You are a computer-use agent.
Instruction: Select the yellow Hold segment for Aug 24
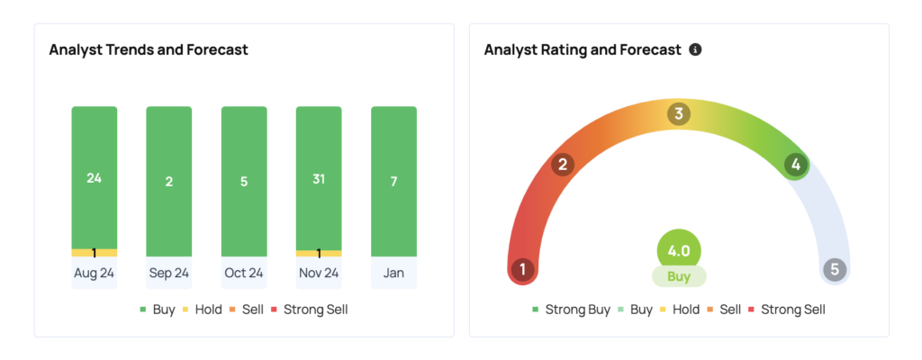click(95, 253)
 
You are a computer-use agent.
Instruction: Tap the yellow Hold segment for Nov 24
click(319, 253)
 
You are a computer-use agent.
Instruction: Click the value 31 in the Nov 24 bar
click(319, 179)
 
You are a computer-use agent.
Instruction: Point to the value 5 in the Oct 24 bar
click(244, 182)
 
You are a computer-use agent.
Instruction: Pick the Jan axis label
click(393, 273)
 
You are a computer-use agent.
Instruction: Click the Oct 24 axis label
click(244, 273)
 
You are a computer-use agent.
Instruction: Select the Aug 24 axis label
click(95, 273)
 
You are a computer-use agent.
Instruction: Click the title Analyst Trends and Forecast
click(149, 49)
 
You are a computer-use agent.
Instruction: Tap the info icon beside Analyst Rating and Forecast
click(695, 49)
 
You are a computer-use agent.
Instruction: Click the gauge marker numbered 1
click(522, 269)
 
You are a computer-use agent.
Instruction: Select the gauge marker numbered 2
click(564, 165)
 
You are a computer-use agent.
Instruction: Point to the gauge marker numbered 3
click(678, 114)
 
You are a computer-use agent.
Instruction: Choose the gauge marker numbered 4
click(793, 165)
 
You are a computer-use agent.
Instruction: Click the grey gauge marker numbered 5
click(835, 269)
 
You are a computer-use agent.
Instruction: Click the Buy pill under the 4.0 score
click(679, 276)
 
